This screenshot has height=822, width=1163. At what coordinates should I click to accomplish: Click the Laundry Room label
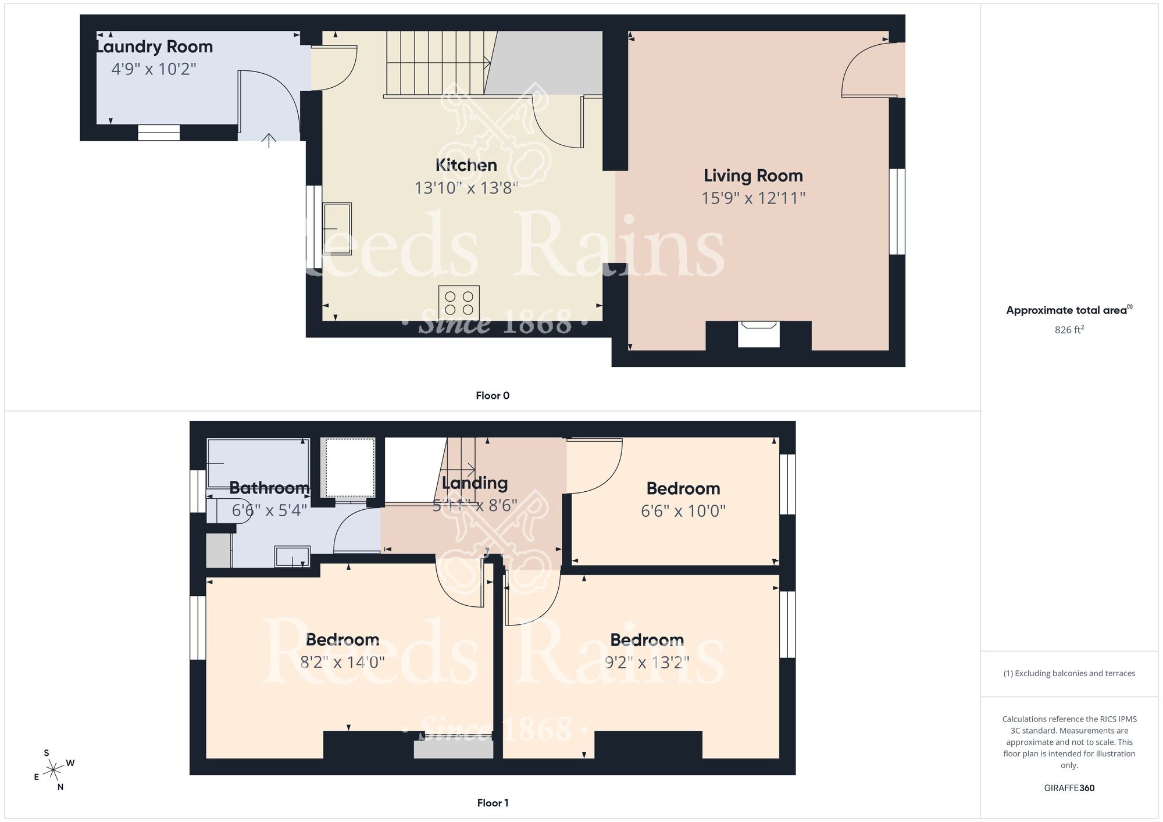(x=155, y=47)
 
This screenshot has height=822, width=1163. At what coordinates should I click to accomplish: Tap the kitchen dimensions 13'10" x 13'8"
(x=466, y=188)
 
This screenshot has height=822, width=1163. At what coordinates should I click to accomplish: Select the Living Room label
(x=753, y=176)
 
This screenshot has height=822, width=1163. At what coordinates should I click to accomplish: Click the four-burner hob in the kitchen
(x=459, y=302)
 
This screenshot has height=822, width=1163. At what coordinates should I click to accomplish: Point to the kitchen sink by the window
(x=337, y=228)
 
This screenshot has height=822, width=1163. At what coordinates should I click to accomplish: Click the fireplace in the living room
(x=758, y=334)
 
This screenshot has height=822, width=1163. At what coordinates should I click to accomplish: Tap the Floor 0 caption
(x=493, y=396)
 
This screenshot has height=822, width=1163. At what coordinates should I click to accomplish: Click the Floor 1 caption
(x=493, y=803)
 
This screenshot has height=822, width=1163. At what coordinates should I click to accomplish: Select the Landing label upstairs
(x=475, y=483)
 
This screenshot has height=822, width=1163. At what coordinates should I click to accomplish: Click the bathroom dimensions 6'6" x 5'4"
(x=269, y=510)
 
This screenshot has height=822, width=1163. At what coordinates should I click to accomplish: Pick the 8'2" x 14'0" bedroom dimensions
(x=343, y=662)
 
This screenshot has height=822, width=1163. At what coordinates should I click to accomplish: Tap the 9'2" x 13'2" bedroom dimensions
(x=647, y=662)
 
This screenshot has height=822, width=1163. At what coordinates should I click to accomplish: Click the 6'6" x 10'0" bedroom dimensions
(x=683, y=511)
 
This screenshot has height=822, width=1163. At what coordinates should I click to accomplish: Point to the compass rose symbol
(x=53, y=770)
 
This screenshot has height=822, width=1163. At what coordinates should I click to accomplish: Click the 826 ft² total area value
(x=1069, y=330)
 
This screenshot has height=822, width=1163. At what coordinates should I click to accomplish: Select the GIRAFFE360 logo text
(x=1069, y=788)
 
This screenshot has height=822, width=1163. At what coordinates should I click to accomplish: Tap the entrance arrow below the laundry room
(x=269, y=140)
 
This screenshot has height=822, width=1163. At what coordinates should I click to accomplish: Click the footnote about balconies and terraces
(x=1069, y=674)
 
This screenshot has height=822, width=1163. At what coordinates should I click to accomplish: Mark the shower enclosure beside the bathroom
(x=349, y=468)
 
